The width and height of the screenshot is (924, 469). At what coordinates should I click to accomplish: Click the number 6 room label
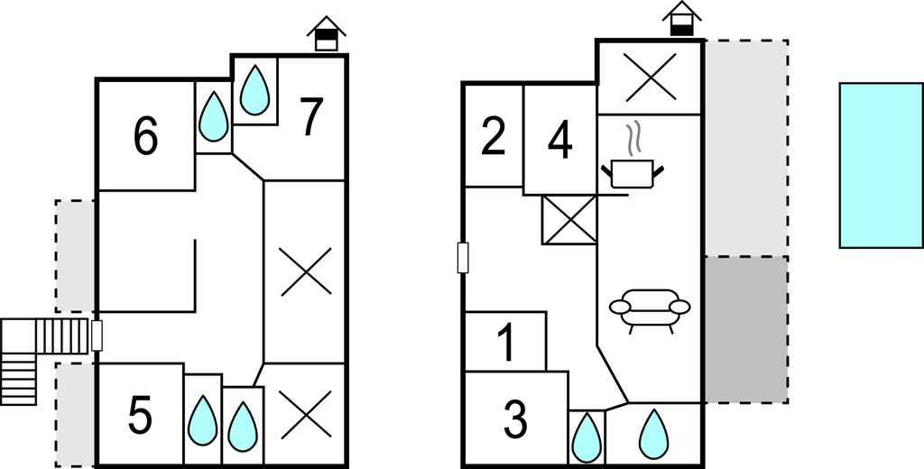(145, 136)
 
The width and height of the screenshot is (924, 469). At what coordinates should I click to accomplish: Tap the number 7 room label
(310, 118)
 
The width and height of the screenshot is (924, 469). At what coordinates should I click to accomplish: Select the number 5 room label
(140, 416)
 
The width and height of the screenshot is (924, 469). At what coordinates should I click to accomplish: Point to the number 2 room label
(493, 137)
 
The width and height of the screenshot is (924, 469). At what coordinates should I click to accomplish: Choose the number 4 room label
(560, 142)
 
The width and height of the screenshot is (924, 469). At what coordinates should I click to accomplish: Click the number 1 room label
(505, 343)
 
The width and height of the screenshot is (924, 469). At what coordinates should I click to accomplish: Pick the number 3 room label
(514, 418)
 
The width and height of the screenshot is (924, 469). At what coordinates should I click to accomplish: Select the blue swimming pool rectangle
(880, 165)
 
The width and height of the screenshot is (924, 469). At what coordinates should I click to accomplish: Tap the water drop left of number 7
(255, 89)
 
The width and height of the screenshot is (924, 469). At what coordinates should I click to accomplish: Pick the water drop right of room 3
(587, 437)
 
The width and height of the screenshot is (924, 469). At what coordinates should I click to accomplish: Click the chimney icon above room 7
(327, 34)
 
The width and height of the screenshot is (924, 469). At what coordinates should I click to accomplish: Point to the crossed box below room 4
(569, 219)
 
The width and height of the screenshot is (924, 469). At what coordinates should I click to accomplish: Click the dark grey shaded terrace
(746, 330)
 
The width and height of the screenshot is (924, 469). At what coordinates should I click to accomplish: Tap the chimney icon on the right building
(681, 19)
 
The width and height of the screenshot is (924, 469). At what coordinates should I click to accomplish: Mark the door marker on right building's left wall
(463, 258)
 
